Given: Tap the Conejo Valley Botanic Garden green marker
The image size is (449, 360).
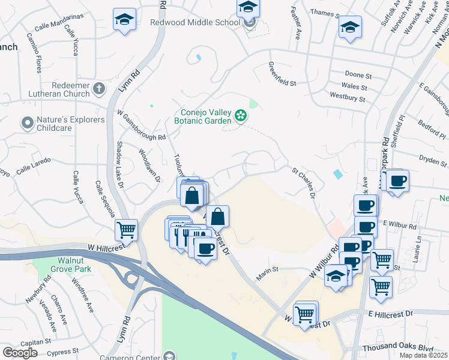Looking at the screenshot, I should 241,115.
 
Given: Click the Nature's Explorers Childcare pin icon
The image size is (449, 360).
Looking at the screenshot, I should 26,124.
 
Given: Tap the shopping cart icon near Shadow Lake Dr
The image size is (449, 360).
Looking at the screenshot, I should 127,229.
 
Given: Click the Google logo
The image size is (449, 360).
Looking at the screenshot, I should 20,352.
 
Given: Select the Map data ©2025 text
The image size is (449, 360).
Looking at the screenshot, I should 423,355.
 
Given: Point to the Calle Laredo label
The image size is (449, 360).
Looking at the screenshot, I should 34,166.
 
